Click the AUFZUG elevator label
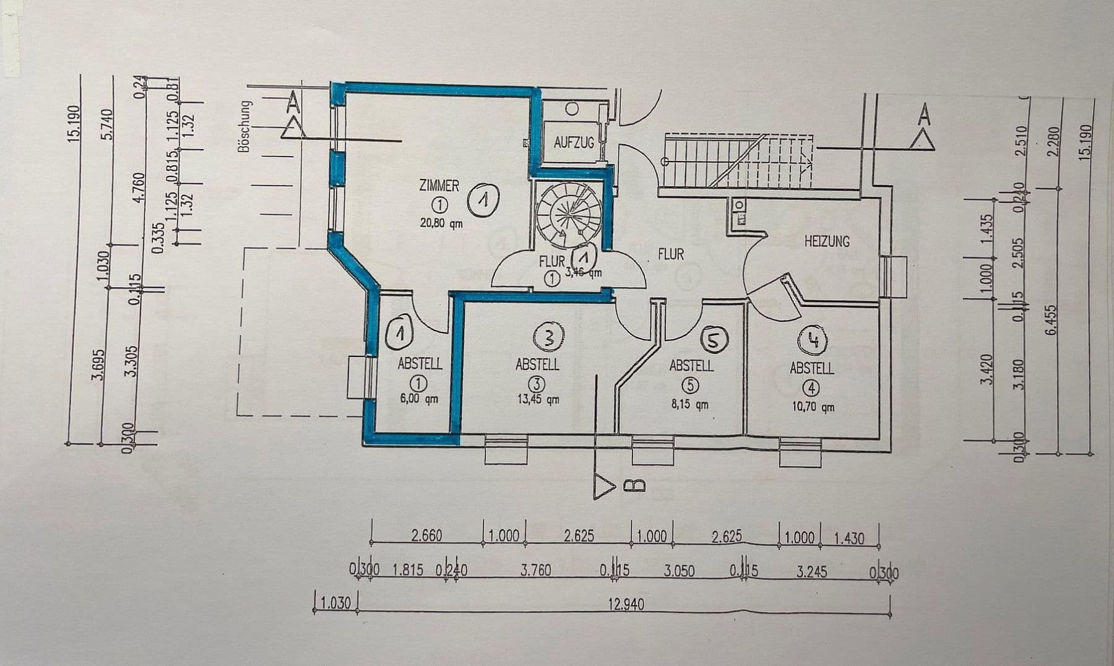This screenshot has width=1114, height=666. [574, 143]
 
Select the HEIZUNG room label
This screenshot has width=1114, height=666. [827, 241]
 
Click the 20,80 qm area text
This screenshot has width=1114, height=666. [441, 223]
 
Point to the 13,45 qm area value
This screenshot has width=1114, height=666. [538, 399]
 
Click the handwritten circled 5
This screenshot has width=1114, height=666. [713, 340]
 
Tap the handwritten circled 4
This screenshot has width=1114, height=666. [813, 341]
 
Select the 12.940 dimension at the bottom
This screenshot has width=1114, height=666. [626, 604]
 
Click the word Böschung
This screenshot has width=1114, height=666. [244, 127]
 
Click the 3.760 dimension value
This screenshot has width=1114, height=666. [535, 570]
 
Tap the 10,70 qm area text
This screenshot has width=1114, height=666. [812, 407]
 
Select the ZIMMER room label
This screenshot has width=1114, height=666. [439, 186]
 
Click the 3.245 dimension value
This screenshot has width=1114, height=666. [811, 570]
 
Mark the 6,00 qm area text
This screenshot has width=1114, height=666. [419, 399]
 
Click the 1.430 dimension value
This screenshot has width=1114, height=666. [848, 538]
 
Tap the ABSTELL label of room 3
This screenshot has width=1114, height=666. [537, 365]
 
